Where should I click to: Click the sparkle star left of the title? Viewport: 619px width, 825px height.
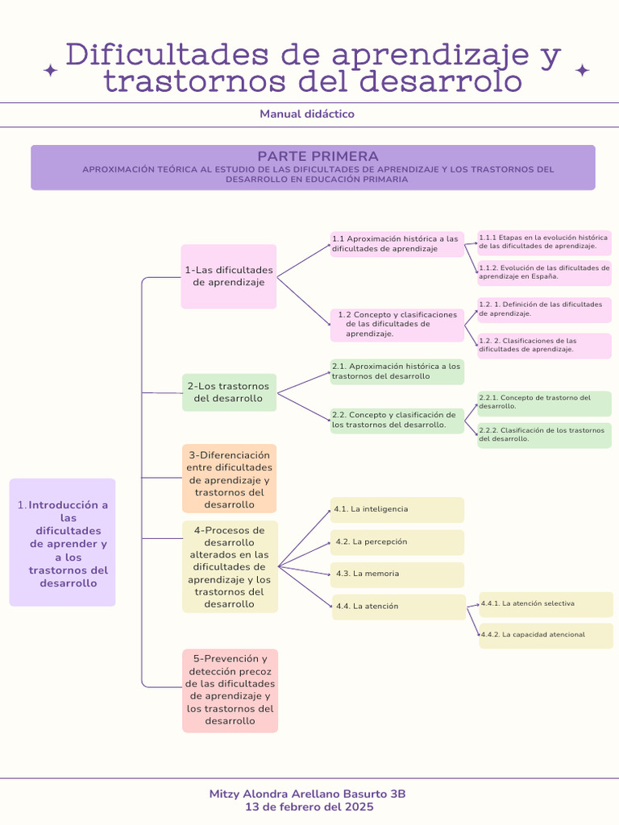[x=50, y=71]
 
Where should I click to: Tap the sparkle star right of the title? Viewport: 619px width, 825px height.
[x=582, y=71]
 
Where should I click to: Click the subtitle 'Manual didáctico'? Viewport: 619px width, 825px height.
[x=307, y=114]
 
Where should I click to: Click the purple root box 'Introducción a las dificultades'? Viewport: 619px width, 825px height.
[x=63, y=542]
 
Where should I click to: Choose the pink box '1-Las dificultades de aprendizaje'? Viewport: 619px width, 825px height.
[x=229, y=276]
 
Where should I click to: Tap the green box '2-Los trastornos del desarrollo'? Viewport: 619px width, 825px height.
[x=229, y=392]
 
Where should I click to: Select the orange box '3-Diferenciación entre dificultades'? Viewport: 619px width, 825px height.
[x=229, y=479]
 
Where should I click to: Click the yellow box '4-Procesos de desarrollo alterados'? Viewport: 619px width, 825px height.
[x=229, y=566]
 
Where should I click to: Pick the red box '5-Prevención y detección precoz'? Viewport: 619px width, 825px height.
[x=230, y=690]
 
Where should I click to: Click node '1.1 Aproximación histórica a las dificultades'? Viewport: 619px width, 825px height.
[x=397, y=244]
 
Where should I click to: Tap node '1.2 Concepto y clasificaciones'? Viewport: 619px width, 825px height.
[x=397, y=324]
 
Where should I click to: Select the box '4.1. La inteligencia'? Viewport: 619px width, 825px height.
[x=397, y=509]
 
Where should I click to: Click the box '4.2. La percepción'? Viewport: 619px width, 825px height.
[x=397, y=542]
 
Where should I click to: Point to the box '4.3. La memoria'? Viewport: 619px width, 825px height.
[x=397, y=574]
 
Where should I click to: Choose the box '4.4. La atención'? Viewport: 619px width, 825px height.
[x=398, y=607]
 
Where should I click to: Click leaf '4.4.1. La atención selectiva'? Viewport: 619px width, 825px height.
[x=546, y=603]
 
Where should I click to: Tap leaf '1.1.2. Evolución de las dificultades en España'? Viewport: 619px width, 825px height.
[x=544, y=272]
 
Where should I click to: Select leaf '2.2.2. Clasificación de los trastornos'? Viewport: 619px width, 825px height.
[x=544, y=435]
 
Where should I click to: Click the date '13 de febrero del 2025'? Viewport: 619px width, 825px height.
[x=307, y=806]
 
